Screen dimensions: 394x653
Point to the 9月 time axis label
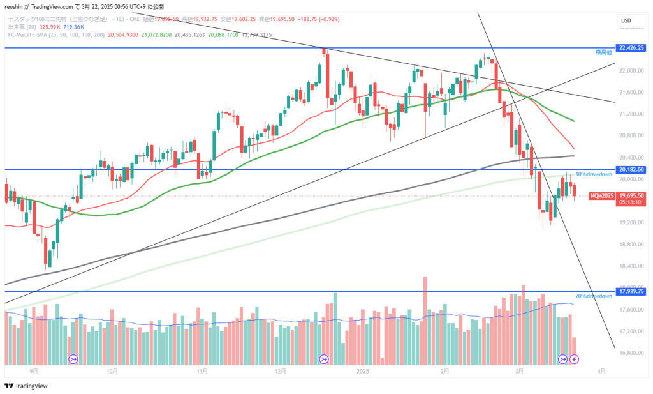pyautogui.click(x=33, y=371)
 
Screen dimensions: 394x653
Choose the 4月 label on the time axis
pyautogui.click(x=602, y=371)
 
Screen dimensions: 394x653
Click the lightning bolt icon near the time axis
pyautogui.click(x=573, y=360)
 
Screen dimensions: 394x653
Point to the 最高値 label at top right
pyautogui.click(x=603, y=51)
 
